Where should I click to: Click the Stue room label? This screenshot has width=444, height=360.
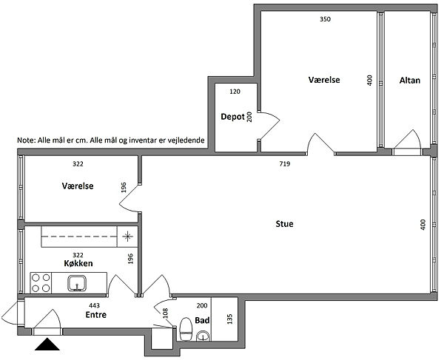tap(284, 224)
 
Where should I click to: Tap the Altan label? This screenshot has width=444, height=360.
tap(409, 81)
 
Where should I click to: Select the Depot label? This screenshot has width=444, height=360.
tap(232, 117)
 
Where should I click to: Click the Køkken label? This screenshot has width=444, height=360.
tap(78, 263)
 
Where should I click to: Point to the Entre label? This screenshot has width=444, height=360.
tap(95, 315)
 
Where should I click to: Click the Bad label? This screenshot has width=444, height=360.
tap(202, 320)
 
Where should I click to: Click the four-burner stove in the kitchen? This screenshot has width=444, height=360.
tap(41, 283)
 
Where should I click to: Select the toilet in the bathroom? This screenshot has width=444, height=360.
tap(186, 329)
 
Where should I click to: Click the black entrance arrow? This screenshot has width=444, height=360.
tap(47, 344)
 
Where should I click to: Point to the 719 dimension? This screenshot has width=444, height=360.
tap(285, 163)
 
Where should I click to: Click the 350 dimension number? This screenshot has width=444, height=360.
tap(325, 19)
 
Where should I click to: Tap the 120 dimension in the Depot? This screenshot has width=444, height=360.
tap(235, 92)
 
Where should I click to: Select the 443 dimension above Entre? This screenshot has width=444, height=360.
tap(94, 305)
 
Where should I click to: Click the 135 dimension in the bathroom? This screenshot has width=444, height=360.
tap(229, 319)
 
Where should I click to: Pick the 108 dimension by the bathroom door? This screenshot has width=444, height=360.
tap(165, 313)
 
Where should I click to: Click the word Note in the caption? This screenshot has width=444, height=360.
tap(24, 140)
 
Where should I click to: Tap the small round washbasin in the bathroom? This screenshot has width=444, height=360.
tap(203, 336)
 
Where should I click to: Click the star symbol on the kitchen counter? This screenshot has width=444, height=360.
tap(128, 236)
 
